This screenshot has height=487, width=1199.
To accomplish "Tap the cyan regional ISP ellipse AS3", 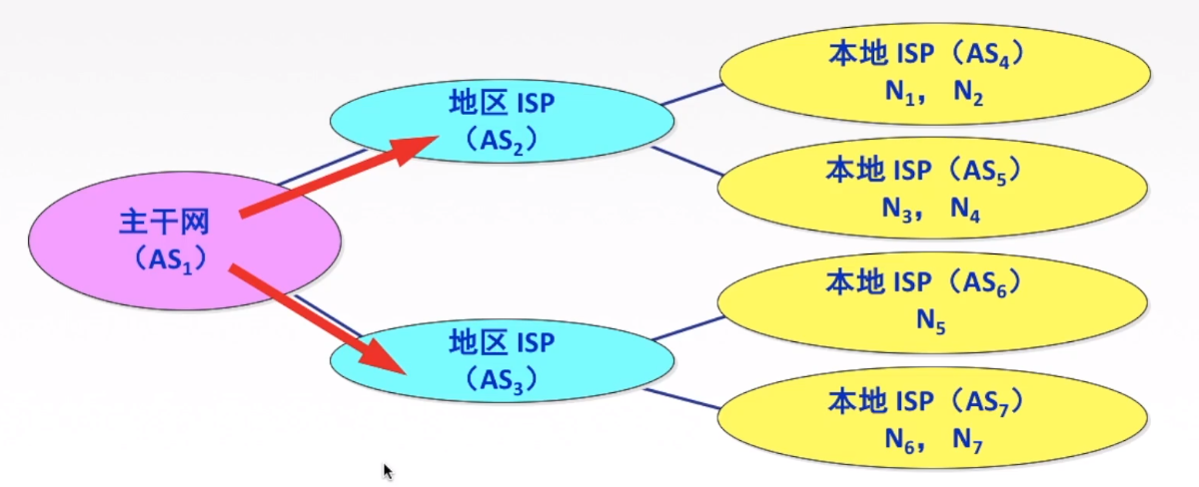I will [500, 359].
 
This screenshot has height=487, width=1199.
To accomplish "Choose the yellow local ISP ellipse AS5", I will [929, 189].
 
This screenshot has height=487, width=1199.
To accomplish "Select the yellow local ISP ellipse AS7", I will [929, 420].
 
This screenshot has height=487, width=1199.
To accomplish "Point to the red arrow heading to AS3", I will [320, 318].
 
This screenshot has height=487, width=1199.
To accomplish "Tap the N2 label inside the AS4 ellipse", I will [968, 93].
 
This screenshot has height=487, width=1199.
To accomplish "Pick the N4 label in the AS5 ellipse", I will [966, 209].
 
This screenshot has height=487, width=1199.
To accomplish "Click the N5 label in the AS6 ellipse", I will [930, 322].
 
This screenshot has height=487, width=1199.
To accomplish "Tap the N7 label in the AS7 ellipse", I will [968, 438].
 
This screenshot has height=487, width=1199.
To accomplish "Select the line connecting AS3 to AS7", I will [683, 399].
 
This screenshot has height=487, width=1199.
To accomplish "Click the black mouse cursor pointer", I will [388, 471].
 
